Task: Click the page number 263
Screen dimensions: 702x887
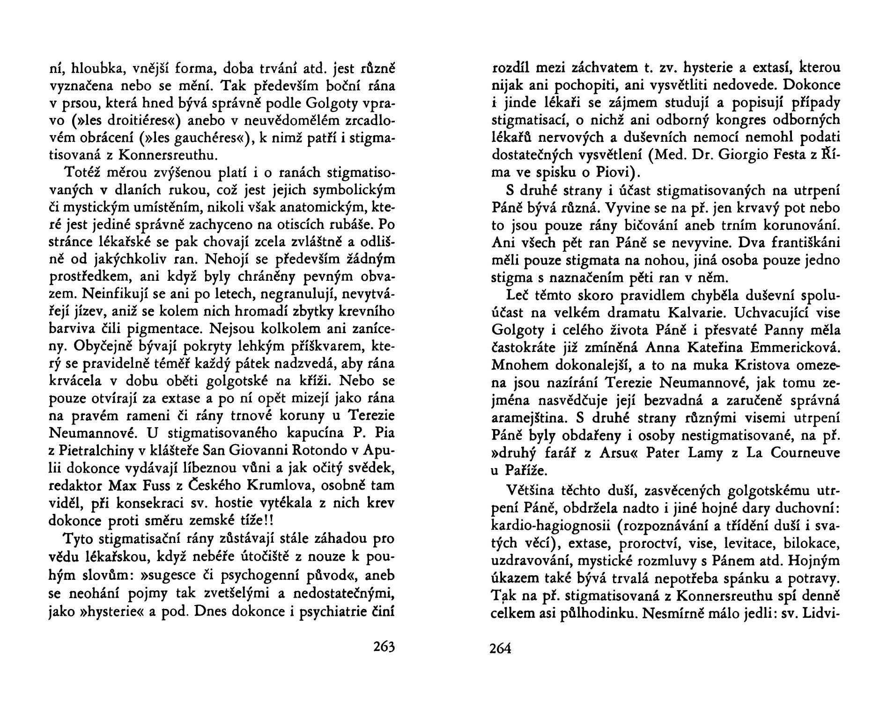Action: click(x=384, y=648)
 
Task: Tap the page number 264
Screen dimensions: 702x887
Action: click(x=500, y=649)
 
